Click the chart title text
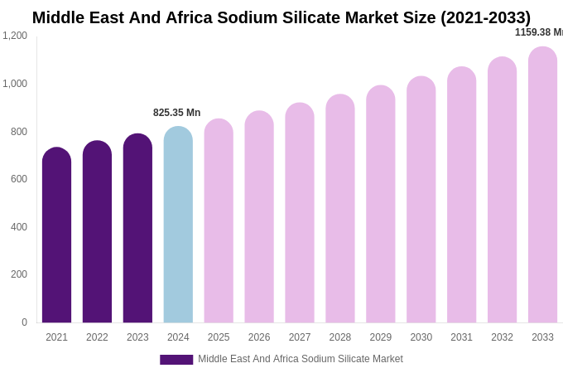pyautogui.click(x=281, y=17)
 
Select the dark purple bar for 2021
pyautogui.click(x=56, y=236)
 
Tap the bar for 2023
pyautogui.click(x=137, y=230)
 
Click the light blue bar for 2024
pyautogui.click(x=178, y=225)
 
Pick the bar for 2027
pyautogui.click(x=300, y=214)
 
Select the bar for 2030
pyautogui.click(x=421, y=201)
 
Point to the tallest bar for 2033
pyautogui.click(x=542, y=186)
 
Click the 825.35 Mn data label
pyautogui.click(x=176, y=113)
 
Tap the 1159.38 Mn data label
pyautogui.click(x=538, y=32)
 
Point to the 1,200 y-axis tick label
pyautogui.click(x=15, y=36)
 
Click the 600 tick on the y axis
pyautogui.click(x=18, y=179)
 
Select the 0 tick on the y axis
pyautogui.click(x=24, y=322)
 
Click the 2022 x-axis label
pyautogui.click(x=97, y=337)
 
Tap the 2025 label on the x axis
pyautogui.click(x=219, y=337)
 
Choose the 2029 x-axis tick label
pyautogui.click(x=381, y=337)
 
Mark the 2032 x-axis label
pyautogui.click(x=502, y=337)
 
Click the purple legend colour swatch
pyautogui.click(x=176, y=360)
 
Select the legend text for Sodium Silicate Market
pyautogui.click(x=300, y=359)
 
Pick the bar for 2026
pyautogui.click(x=259, y=218)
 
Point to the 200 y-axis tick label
pyautogui.click(x=18, y=274)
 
